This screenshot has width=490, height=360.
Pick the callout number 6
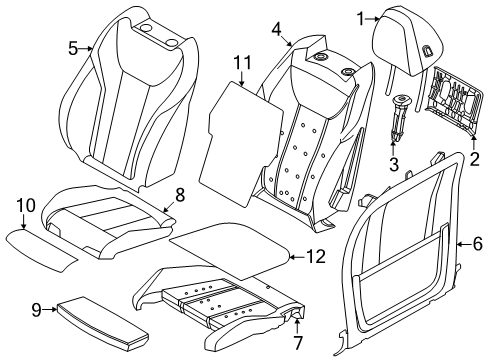pos(477,241)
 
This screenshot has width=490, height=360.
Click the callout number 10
pos(24,206)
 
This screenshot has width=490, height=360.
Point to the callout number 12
pos(315,257)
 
